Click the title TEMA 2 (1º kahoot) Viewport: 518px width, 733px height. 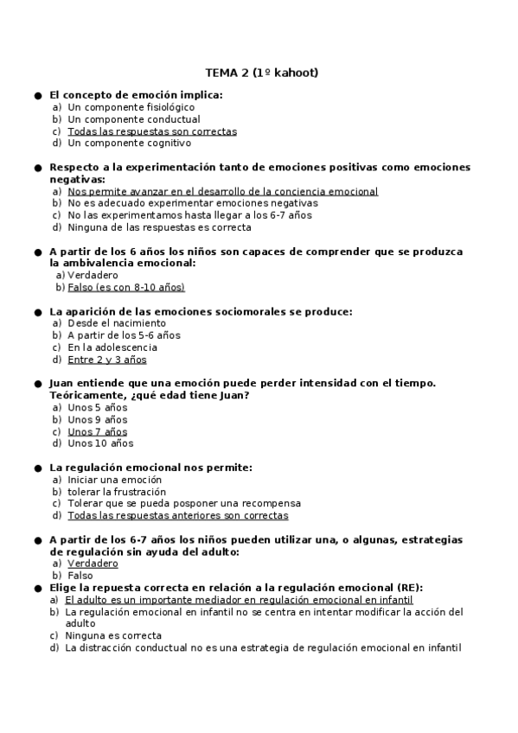point(261,73)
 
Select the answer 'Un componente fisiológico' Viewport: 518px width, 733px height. point(131,107)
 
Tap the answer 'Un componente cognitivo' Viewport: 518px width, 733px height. point(130,143)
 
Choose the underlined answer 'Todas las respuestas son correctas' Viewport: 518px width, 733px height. point(151,131)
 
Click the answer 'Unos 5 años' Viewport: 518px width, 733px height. point(97,407)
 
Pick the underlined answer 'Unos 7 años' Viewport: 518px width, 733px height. point(97,431)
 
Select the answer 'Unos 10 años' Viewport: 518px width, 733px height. point(100,443)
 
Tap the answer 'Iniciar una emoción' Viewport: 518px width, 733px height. point(114,480)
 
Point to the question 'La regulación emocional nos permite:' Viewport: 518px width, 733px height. point(150,468)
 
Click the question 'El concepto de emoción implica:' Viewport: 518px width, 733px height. point(136,95)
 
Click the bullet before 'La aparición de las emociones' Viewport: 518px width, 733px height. point(38,311)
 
